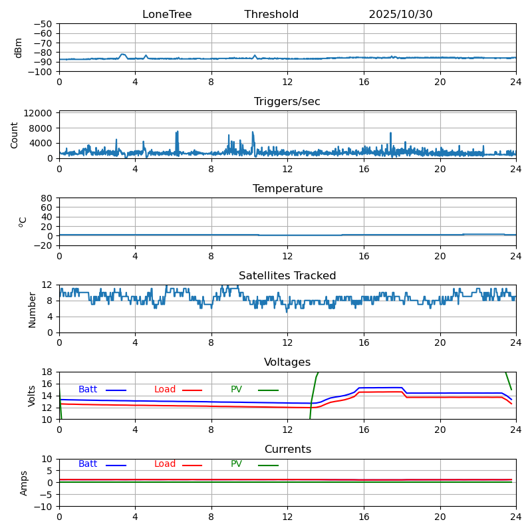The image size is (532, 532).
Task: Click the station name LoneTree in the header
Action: pyautogui.click(x=167, y=15)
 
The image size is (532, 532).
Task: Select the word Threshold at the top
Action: pyautogui.click(x=271, y=15)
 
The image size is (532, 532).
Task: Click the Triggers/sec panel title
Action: pyautogui.click(x=287, y=102)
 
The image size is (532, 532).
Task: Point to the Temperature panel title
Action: pyautogui.click(x=287, y=189)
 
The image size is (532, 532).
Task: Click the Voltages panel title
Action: pyautogui.click(x=287, y=362)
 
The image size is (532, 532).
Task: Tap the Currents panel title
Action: pyautogui.click(x=287, y=450)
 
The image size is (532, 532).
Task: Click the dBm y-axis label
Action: pyautogui.click(x=19, y=48)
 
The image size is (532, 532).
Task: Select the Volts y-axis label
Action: pyautogui.click(x=32, y=396)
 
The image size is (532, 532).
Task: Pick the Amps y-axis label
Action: pyautogui.click(x=24, y=483)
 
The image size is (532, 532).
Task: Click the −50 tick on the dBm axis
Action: pyautogui.click(x=43, y=24)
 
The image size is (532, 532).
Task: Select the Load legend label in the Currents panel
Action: pyautogui.click(x=165, y=464)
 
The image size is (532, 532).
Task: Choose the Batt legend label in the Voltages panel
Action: pyautogui.click(x=88, y=390)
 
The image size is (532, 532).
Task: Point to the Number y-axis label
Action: pyautogui.click(x=32, y=309)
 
